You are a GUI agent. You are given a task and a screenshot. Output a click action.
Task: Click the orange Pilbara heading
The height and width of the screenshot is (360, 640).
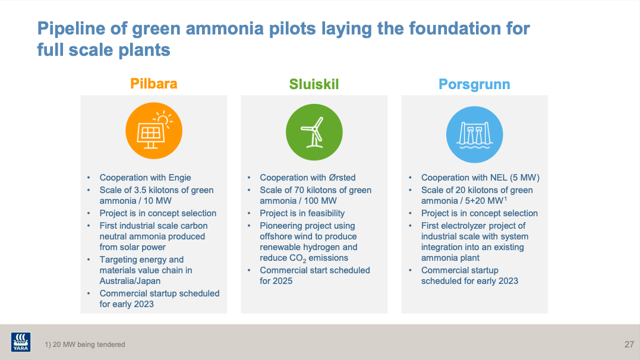tap(153, 84)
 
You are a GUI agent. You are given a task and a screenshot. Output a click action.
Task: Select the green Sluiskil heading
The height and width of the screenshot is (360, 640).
tap(314, 84)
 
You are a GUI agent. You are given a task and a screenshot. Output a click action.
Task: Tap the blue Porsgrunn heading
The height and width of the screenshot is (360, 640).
tap(474, 84)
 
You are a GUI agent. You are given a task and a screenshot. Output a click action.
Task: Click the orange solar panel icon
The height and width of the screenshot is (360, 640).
tap(154, 131)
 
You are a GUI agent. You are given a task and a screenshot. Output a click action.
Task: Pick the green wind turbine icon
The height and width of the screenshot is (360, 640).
tap(314, 132)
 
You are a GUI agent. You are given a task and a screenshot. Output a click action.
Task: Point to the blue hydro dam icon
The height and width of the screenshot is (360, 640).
tap(474, 134)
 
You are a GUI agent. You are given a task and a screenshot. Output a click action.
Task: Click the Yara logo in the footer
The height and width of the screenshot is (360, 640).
tap(20, 342)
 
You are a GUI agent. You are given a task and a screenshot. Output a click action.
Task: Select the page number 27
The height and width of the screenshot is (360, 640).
tap(629, 345)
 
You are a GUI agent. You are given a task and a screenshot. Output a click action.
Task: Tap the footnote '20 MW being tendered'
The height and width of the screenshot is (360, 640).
tap(89, 345)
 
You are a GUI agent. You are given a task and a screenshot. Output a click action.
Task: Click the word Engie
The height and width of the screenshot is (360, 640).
tap(179, 178)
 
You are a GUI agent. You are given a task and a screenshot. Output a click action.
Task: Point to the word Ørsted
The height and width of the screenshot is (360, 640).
tap(342, 178)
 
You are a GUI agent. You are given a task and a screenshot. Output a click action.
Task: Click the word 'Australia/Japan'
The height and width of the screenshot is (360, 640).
tap(130, 281)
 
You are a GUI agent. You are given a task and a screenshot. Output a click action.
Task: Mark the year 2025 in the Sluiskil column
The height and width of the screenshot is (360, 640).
tap(283, 281)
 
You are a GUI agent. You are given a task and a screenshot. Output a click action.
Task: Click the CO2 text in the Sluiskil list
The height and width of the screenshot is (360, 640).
tap(298, 258)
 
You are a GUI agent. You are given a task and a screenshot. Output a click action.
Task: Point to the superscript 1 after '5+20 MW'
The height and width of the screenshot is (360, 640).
tap(505, 199)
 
